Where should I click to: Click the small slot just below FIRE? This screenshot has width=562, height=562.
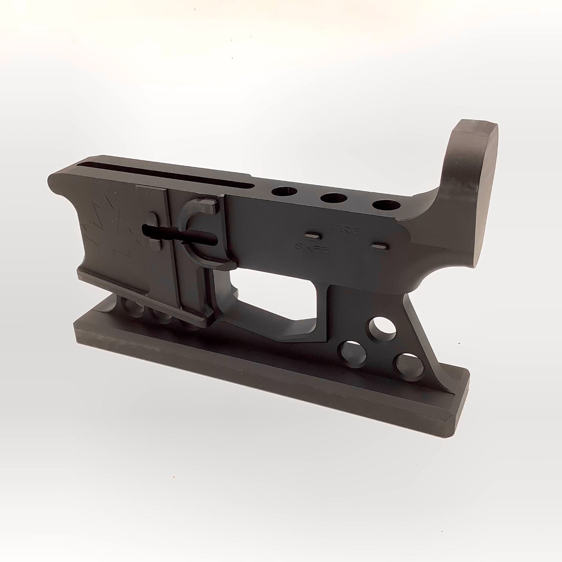[x=313, y=235]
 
